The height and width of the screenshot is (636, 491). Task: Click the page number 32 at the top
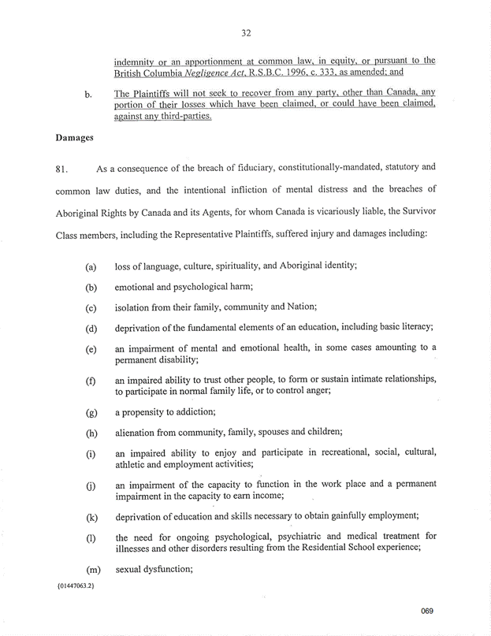pyautogui.click(x=245, y=33)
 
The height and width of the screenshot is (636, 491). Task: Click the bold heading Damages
pyautogui.click(x=75, y=137)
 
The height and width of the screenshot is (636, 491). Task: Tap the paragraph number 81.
pyautogui.click(x=64, y=169)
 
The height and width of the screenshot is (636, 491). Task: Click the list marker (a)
pyautogui.click(x=91, y=268)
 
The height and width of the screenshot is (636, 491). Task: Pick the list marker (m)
pyautogui.click(x=91, y=569)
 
